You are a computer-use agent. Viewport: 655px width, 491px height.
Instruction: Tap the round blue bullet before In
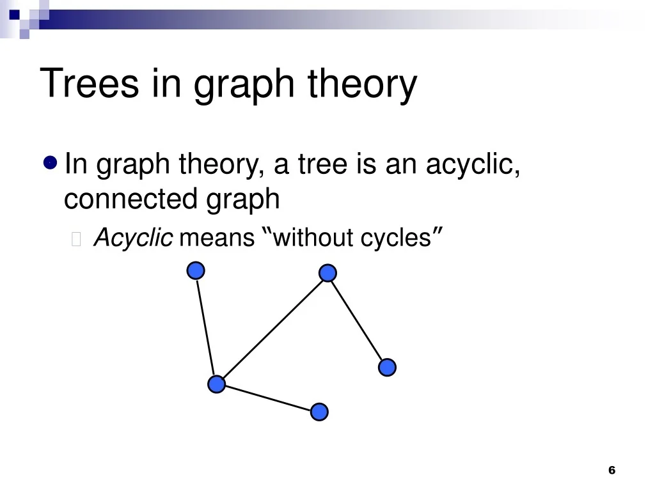(50, 162)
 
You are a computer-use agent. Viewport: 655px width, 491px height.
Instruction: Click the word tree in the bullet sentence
(322, 164)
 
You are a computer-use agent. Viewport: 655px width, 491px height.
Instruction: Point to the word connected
(130, 199)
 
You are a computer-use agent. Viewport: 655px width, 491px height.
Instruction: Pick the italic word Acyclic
(133, 238)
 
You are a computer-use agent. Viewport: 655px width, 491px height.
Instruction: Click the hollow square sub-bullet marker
(76, 239)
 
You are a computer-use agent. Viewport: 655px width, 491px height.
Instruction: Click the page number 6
(612, 470)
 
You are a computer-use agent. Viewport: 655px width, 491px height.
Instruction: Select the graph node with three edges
(216, 384)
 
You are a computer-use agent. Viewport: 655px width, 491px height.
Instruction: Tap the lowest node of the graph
(320, 412)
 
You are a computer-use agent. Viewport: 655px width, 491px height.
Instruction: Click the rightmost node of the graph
(387, 368)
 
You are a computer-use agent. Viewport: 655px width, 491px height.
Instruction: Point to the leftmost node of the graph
(196, 270)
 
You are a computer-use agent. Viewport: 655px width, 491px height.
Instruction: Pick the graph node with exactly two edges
(327, 272)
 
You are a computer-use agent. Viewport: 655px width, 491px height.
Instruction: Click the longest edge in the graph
(272, 328)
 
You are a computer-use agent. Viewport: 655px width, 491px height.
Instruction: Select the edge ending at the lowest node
(268, 398)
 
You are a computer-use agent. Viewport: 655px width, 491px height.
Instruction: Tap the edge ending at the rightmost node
(357, 320)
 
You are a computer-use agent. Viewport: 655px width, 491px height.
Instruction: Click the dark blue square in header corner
(14, 15)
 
